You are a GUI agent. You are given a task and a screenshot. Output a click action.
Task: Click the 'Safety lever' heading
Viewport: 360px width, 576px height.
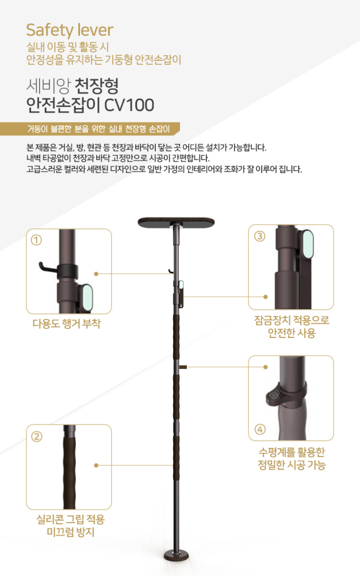click(70, 30)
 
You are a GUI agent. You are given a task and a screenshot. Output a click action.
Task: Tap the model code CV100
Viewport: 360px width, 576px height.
click(129, 105)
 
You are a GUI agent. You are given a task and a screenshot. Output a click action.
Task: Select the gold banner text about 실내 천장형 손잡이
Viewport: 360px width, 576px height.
click(99, 129)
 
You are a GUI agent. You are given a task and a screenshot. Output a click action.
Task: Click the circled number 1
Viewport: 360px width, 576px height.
click(37, 240)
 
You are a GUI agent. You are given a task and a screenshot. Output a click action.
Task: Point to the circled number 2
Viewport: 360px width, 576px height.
click(37, 436)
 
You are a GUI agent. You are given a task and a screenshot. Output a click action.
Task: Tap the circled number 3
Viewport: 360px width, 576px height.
click(259, 236)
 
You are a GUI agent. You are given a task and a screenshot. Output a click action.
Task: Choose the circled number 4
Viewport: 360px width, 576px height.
click(259, 429)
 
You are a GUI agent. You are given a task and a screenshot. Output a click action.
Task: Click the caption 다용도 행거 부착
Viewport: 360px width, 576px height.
click(66, 323)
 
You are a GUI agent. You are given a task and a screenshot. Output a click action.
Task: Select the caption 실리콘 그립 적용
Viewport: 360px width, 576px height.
click(71, 519)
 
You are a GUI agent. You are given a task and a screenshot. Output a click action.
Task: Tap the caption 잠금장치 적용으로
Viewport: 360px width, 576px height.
click(292, 320)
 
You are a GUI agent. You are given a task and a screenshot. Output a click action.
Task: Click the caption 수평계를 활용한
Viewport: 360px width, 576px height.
click(292, 452)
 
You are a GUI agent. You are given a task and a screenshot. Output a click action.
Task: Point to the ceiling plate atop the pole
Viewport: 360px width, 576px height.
click(176, 222)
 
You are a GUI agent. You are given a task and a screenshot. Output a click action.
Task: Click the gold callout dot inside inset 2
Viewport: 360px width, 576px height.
click(96, 465)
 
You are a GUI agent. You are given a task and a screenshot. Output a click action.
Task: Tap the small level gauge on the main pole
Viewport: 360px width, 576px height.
click(182, 367)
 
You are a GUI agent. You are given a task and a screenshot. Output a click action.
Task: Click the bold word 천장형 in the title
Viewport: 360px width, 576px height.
click(97, 86)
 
